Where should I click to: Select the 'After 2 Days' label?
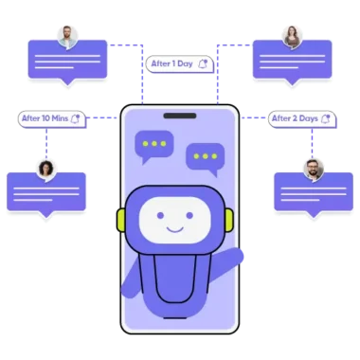coord(295,118)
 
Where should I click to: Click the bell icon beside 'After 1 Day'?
coord(203,63)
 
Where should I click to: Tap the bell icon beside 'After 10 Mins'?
coord(76,118)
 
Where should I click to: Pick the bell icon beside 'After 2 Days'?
coord(326,118)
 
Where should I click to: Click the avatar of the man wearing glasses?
coord(67,36)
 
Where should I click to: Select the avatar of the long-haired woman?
coord(292,36)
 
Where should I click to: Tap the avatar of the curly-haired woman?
coord(45,169)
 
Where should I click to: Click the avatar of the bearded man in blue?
coord(315,169)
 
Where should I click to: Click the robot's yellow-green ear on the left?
coord(121,221)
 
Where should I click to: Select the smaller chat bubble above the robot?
coord(204,155)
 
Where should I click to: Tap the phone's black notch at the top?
coord(179,117)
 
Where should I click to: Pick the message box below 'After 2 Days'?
coord(314,192)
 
